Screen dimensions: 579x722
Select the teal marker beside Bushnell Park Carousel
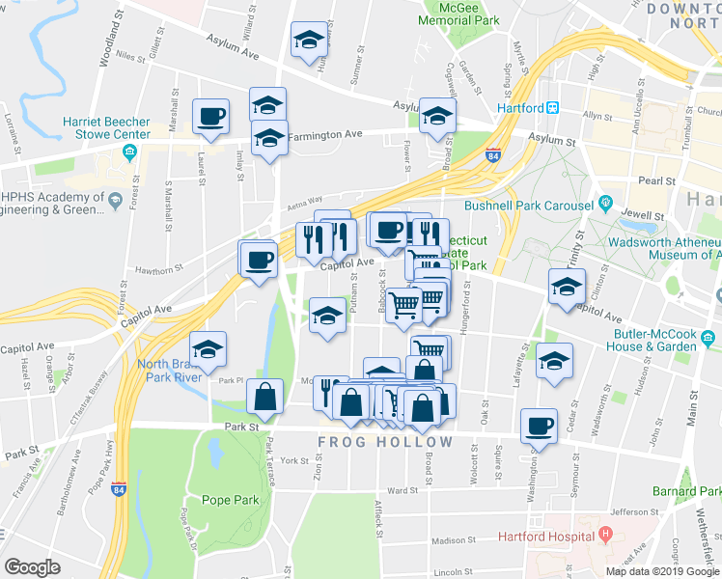click(605, 205)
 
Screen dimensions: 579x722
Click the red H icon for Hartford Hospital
click(605, 534)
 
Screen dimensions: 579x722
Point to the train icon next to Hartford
click(553, 108)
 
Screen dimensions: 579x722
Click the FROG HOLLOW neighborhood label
click(385, 442)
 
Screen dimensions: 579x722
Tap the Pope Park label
click(231, 500)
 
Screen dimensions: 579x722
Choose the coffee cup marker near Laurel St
click(211, 118)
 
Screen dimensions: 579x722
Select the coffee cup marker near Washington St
click(539, 425)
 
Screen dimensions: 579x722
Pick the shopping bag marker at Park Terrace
click(264, 396)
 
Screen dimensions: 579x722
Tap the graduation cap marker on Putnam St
click(327, 316)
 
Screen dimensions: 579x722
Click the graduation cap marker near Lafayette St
click(554, 360)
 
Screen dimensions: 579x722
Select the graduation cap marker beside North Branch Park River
click(208, 349)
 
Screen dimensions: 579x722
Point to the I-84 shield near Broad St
click(493, 154)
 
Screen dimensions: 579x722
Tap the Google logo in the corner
click(32, 566)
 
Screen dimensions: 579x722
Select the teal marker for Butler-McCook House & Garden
click(708, 338)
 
